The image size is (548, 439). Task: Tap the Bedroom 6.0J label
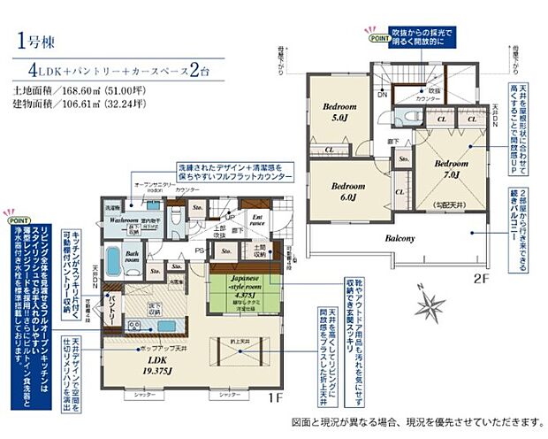[347, 191]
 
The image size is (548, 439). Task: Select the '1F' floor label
[275, 398]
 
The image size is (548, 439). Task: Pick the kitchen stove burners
[136, 327]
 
